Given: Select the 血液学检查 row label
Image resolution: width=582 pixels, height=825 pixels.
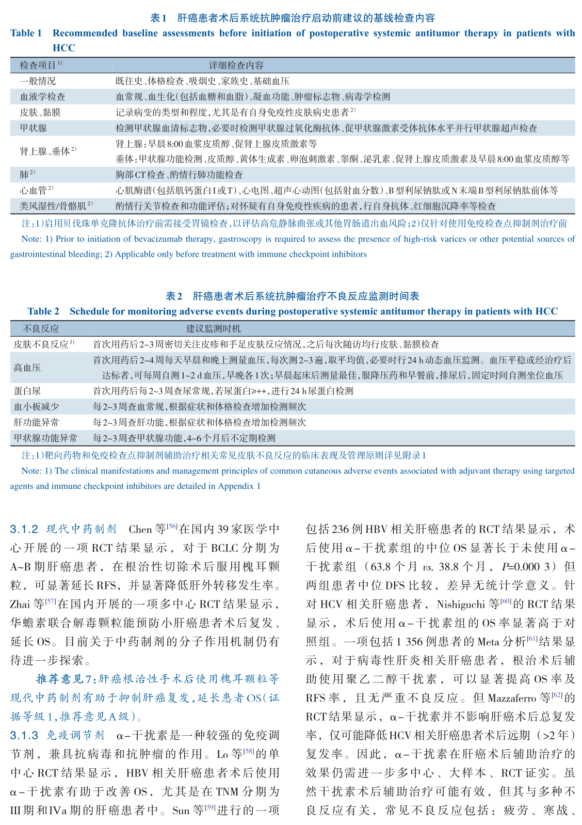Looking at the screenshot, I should (x=43, y=97).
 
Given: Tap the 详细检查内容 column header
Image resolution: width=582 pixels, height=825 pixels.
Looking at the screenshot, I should (x=236, y=65).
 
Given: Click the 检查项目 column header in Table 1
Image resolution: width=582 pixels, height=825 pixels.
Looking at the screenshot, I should (x=39, y=65).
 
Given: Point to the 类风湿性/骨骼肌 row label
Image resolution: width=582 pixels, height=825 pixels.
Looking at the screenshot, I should (x=54, y=206).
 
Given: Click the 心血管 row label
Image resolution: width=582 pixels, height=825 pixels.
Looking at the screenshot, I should (x=34, y=191).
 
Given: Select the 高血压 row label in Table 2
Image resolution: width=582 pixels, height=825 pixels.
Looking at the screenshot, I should (x=27, y=368).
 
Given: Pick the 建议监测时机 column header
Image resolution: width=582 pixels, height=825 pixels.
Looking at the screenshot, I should (x=213, y=328).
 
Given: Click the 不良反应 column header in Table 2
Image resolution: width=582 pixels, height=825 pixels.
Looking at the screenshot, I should (x=41, y=328).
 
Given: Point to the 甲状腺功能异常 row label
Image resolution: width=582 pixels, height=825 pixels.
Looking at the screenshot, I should (x=45, y=438).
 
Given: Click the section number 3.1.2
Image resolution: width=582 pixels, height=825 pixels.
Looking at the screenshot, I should (x=24, y=529).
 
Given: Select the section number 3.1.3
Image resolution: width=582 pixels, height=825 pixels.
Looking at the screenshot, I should (x=24, y=735).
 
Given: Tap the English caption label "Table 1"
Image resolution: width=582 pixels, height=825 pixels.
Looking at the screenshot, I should (x=26, y=33).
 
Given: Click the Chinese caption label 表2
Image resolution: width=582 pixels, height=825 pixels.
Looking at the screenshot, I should (x=174, y=296).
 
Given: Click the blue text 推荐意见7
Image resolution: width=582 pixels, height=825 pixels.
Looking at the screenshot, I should (x=64, y=678).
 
